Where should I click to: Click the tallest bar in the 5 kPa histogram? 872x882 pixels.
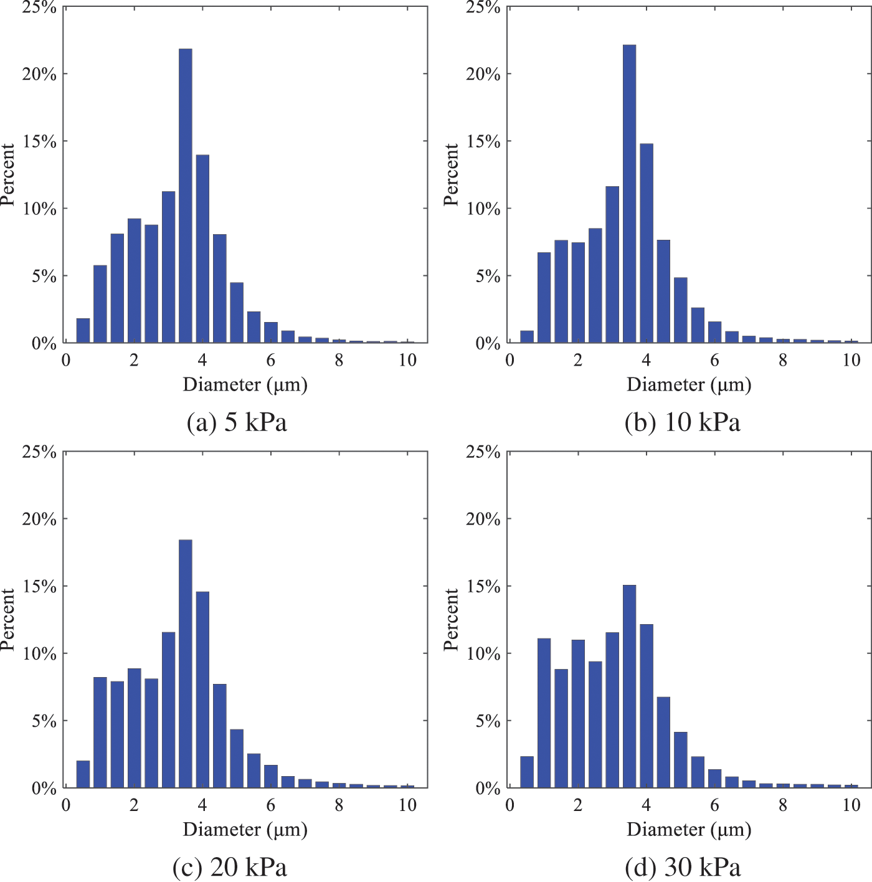tap(185, 196)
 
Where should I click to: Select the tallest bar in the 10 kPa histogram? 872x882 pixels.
tap(629, 194)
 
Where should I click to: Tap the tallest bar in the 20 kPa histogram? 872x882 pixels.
tap(185, 664)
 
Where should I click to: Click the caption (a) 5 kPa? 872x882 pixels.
tap(237, 422)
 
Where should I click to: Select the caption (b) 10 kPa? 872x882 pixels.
tap(682, 422)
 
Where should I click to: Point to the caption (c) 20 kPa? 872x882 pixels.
tap(229, 867)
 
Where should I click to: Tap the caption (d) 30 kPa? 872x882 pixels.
tap(682, 867)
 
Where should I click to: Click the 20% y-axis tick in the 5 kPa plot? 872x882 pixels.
tap(39, 74)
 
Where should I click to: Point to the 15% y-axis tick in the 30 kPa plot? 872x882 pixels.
tap(483, 587)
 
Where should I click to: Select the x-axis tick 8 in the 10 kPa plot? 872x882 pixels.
tap(782, 360)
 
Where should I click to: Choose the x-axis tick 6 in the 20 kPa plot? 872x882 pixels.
tap(270, 805)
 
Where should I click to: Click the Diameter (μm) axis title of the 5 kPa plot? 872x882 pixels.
tap(245, 385)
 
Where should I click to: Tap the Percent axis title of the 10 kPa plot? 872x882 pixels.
tap(451, 174)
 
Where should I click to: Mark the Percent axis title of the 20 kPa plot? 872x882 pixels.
tap(7, 620)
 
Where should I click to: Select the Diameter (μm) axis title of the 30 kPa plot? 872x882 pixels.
tap(689, 830)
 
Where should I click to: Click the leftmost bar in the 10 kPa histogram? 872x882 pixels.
tap(527, 336)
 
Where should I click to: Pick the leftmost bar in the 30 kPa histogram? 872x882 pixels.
tap(527, 772)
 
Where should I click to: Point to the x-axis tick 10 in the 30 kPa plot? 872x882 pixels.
tap(851, 805)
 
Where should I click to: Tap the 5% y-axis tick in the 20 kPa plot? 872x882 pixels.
tap(44, 721)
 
